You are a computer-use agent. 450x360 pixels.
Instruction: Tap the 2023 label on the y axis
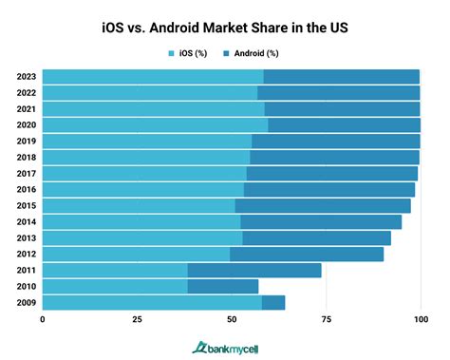point(27,76)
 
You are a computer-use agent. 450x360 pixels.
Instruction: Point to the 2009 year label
point(27,302)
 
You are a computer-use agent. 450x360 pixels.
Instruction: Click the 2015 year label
point(27,205)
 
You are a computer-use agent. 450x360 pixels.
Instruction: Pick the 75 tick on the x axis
point(326,320)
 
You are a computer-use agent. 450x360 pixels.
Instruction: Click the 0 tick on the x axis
point(43,320)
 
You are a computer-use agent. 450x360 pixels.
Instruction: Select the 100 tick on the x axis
point(420,320)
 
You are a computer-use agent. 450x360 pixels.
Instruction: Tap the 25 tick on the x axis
point(137,320)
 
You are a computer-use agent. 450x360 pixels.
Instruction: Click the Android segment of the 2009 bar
point(273,302)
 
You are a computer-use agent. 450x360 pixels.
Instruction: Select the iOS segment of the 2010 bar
point(114,286)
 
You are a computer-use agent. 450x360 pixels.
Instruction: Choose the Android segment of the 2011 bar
point(254,270)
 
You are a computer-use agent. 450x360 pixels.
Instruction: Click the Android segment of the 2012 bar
point(307,254)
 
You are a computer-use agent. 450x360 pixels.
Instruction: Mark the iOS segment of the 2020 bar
point(155,124)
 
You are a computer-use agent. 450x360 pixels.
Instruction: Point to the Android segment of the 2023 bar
point(342,76)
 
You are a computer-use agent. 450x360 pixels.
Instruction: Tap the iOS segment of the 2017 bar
point(144,173)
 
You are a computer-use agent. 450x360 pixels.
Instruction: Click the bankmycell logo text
point(232,347)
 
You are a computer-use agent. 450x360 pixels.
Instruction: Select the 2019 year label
point(27,141)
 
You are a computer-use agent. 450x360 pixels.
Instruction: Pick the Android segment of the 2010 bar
point(222,286)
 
